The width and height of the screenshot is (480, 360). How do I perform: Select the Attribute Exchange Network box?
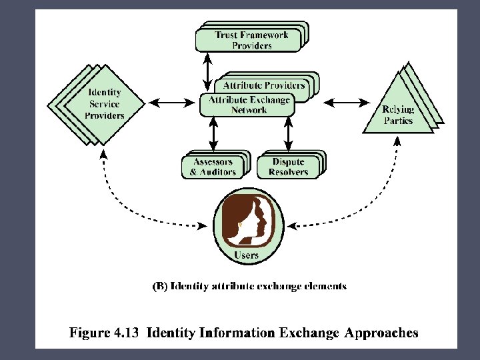coord(249,105)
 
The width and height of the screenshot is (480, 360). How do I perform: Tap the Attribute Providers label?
coord(264,85)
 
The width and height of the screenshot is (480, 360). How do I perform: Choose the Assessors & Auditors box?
coord(213,167)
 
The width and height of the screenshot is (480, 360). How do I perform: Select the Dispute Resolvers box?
coord(289,167)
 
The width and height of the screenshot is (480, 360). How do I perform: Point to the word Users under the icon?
coord(247,256)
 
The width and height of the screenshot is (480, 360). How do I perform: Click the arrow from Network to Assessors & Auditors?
coord(213,134)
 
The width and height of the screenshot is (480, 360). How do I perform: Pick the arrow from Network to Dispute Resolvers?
coord(288,134)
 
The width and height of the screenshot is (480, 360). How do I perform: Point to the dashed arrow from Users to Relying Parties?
coord(373,200)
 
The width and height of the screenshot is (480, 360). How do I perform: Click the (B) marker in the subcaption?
coord(161,287)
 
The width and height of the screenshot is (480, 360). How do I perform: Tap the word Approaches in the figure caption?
coord(381,333)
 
